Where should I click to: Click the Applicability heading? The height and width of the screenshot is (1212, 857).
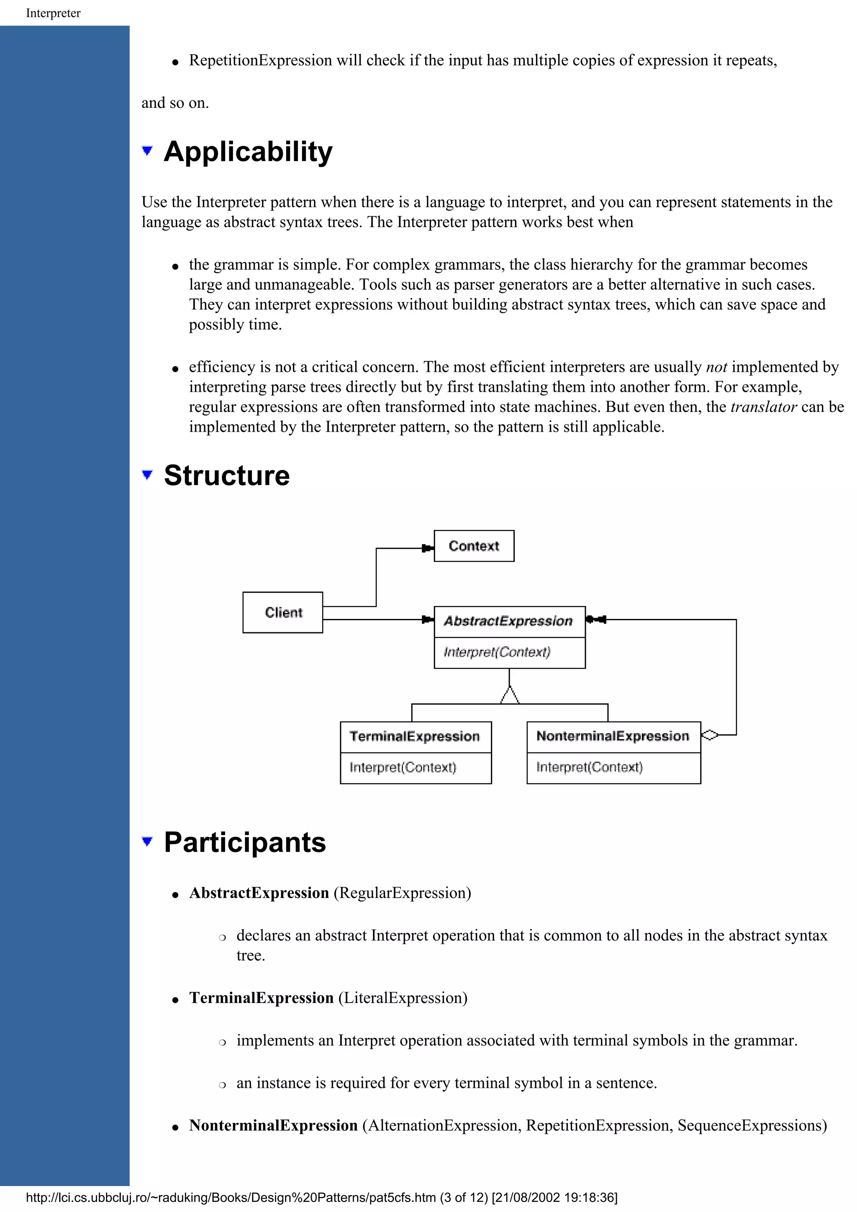248,152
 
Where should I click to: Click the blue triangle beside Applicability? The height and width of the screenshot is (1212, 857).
147,151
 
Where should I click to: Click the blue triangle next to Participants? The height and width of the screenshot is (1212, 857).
147,841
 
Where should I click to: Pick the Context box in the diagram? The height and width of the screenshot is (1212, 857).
474,546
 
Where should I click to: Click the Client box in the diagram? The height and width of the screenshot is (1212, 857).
282,612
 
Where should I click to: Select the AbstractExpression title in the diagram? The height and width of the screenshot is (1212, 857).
508,621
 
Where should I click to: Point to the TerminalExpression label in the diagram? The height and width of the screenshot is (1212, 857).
415,736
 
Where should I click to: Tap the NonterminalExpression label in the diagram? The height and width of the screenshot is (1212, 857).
613,736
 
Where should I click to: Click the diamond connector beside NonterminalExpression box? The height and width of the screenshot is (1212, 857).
710,735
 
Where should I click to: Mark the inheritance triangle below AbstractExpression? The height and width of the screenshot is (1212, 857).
510,696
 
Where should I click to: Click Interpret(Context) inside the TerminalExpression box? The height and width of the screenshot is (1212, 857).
403,767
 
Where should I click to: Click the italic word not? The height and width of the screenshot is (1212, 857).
716,367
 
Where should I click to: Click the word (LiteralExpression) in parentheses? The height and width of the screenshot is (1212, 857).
403,998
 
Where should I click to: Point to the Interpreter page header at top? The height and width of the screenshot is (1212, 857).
53,13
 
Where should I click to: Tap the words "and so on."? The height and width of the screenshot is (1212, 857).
175,103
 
